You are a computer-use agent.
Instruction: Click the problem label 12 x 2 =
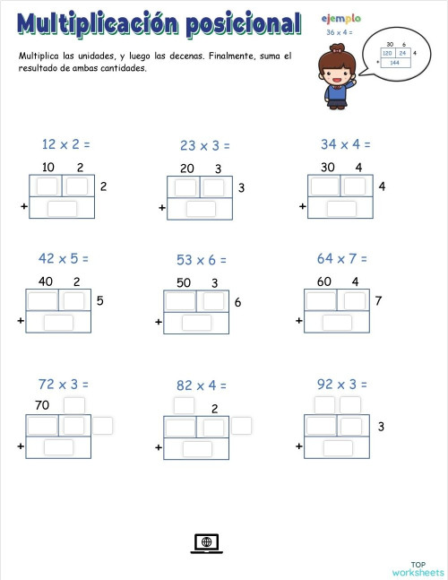(x=66, y=143)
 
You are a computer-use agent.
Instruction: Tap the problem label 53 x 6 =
(x=201, y=260)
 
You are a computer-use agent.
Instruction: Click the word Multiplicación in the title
(x=96, y=24)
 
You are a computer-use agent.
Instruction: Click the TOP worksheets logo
(x=417, y=566)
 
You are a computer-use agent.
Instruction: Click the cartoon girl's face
(x=339, y=70)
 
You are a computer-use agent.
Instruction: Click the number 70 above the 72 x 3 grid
(x=41, y=405)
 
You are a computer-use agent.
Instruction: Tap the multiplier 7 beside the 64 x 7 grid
(x=378, y=301)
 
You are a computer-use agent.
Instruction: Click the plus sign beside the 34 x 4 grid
(x=302, y=206)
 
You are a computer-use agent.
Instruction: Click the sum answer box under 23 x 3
(x=201, y=209)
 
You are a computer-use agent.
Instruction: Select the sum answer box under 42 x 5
(x=58, y=323)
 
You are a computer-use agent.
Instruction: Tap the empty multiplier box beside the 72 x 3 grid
(x=103, y=426)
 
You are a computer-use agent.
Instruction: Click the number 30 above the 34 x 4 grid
(x=328, y=167)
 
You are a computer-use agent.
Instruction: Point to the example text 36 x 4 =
(x=340, y=32)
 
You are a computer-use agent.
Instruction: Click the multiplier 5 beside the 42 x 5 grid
(x=99, y=301)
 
